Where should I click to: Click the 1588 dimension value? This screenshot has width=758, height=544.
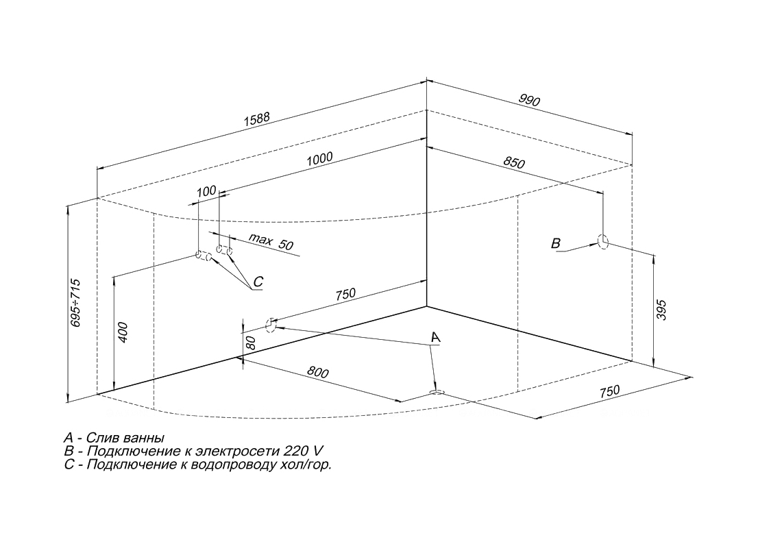(x=256, y=119)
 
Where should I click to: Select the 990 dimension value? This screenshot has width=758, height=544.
(x=529, y=100)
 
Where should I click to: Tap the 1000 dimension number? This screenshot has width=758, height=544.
(x=319, y=159)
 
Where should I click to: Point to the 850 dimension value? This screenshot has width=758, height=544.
(x=514, y=163)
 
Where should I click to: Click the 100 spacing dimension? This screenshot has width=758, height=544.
(x=206, y=191)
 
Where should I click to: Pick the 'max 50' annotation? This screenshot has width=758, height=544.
(x=271, y=242)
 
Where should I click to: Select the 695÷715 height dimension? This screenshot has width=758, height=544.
(x=76, y=303)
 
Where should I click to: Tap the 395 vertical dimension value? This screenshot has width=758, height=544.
(x=661, y=310)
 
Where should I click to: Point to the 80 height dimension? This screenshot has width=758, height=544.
(x=250, y=343)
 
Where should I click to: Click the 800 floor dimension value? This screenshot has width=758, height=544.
(x=317, y=372)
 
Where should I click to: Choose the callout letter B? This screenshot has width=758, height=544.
(x=556, y=243)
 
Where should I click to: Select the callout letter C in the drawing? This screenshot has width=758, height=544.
(x=258, y=282)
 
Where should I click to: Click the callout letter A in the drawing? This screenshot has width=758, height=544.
(x=436, y=336)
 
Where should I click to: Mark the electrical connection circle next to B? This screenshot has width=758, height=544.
(x=603, y=241)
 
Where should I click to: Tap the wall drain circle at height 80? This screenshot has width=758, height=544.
(x=271, y=325)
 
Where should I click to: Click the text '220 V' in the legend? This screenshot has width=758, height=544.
(x=303, y=452)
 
